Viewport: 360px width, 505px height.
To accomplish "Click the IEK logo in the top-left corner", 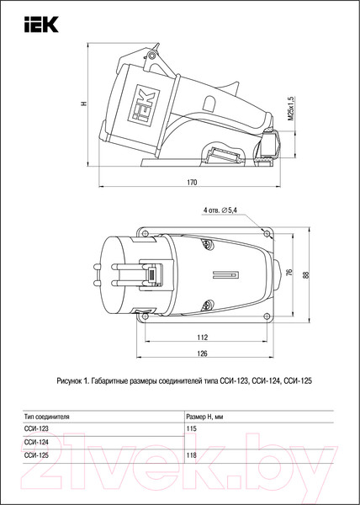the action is click(41, 24).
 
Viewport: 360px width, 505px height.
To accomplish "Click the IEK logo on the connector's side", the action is click(144, 106).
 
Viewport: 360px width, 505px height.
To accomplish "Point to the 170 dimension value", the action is click(192, 182).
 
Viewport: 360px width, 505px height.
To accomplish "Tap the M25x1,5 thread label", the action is click(290, 109).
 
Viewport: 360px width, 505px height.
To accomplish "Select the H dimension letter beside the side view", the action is click(83, 104).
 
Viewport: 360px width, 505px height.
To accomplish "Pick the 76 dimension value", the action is click(289, 273).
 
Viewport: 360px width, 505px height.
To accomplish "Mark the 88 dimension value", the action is click(305, 274).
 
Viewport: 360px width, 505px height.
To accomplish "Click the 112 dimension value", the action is click(203, 338).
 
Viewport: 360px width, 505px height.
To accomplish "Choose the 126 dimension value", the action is click(202, 353).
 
